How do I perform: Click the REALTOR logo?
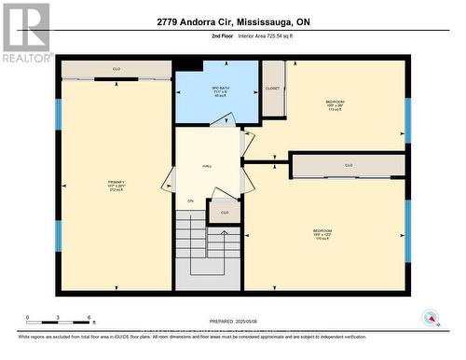click(x=26, y=33)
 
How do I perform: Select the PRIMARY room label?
click(x=116, y=186)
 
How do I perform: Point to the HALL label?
click(x=207, y=166)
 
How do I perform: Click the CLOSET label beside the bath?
click(x=272, y=89)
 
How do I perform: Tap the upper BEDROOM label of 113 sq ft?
click(x=335, y=104)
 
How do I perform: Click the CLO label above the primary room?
click(x=116, y=69)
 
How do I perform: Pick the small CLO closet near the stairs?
click(x=224, y=213)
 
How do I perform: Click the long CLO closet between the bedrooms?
click(x=349, y=166)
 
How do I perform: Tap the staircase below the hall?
click(x=209, y=247)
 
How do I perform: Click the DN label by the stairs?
click(x=190, y=201)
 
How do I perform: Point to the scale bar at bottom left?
click(x=58, y=320)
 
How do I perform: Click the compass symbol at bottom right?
click(x=431, y=318)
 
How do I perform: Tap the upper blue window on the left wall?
click(x=58, y=114)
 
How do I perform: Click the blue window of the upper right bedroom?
click(x=407, y=119)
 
